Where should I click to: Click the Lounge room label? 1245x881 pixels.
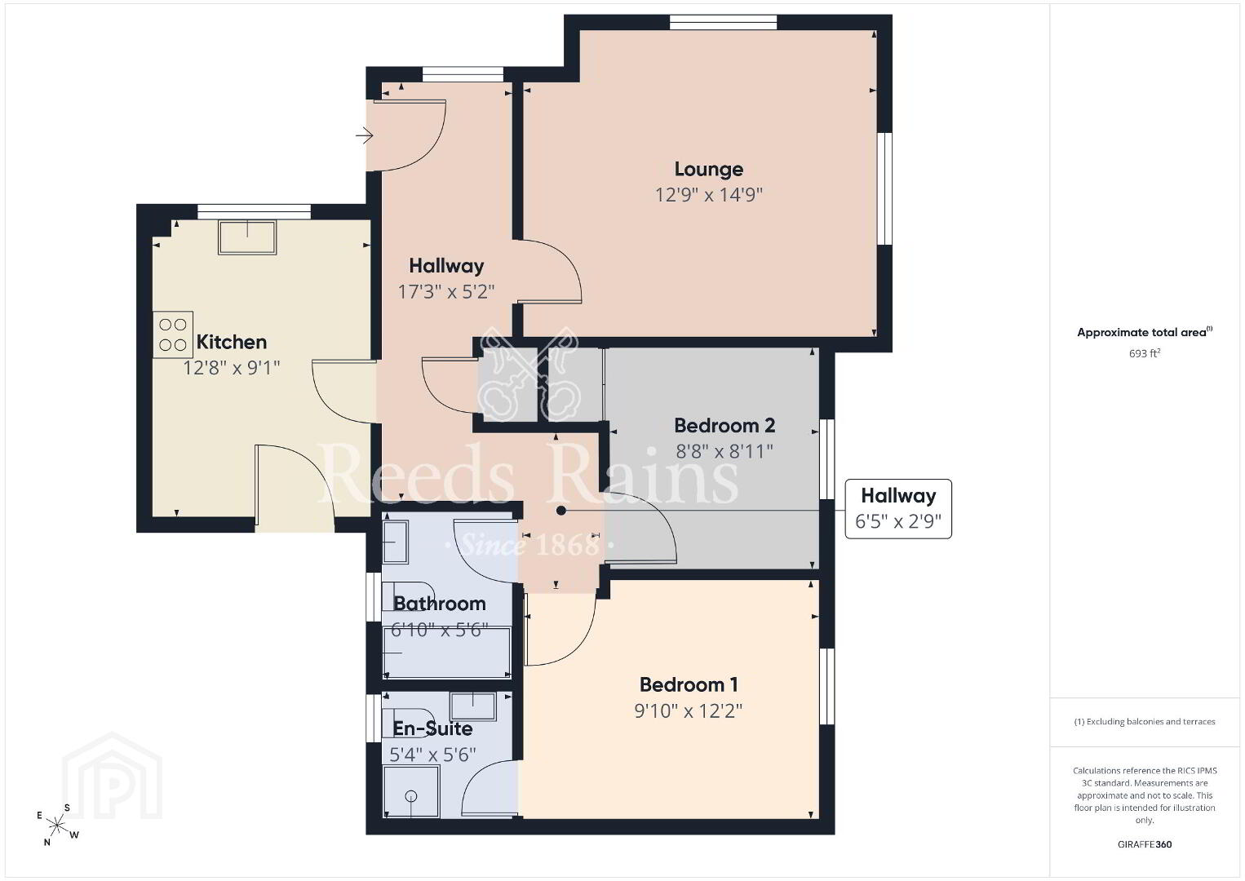pos(709,169)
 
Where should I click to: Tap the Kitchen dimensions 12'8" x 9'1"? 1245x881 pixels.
pos(232,368)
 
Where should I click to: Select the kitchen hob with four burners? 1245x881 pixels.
pos(173,334)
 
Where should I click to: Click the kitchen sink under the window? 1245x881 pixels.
pos(247,237)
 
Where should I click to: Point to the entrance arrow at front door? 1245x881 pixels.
pos(364,135)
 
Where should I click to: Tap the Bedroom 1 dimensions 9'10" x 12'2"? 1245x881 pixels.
pos(688,711)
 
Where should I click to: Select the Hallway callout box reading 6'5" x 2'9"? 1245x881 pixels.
pos(898,508)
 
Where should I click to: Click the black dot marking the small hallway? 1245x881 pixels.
pos(561,511)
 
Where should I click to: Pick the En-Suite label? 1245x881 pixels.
pos(432,728)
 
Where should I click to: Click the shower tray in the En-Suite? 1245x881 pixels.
pos(411,791)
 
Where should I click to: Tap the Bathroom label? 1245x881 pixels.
pos(439,604)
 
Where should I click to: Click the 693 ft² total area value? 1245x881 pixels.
pos(1145,353)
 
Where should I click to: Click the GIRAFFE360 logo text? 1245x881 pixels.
pos(1145,844)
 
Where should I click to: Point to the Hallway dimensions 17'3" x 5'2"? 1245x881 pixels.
pos(446,292)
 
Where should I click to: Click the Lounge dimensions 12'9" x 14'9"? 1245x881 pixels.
pos(709,195)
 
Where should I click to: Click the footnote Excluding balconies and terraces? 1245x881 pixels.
pos(1145,721)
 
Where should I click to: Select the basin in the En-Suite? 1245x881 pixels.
pos(472,706)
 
